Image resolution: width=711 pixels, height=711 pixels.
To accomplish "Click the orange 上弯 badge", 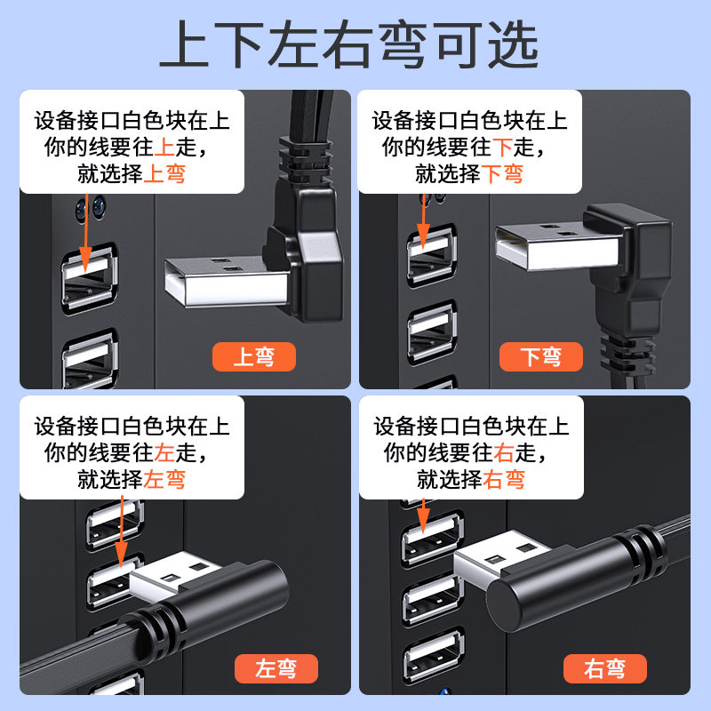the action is [x=254, y=357].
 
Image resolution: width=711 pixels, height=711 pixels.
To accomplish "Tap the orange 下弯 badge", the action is [x=541, y=357].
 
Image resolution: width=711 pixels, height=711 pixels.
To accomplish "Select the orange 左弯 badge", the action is [x=276, y=668].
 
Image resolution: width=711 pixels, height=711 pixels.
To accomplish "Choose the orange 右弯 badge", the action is [x=605, y=668].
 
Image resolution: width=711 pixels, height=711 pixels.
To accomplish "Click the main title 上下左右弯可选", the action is [x=349, y=44].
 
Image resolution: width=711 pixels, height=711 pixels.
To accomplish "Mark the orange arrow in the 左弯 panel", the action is [x=121, y=531].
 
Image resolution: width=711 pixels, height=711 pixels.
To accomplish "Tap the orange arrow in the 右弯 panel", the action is [x=423, y=516].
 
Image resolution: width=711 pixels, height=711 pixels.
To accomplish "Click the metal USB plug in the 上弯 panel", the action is [x=227, y=281].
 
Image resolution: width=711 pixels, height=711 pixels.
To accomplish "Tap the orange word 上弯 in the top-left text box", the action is [x=164, y=173].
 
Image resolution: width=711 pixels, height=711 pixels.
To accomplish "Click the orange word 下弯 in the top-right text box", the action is [x=502, y=173].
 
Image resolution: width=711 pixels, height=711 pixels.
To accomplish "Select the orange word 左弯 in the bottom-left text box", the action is [x=164, y=480].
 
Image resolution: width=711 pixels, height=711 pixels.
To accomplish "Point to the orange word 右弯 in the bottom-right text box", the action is [x=504, y=480].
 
